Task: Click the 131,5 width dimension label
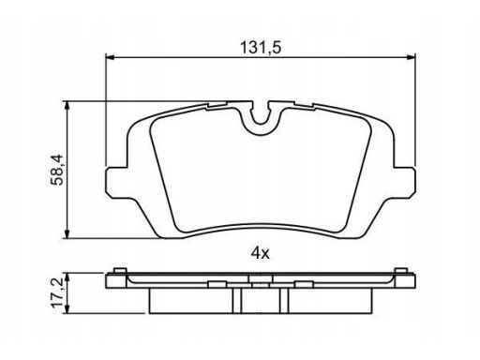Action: pyautogui.click(x=261, y=48)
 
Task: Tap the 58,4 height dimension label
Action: pyautogui.click(x=57, y=170)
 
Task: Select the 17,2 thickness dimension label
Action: pyautogui.click(x=57, y=292)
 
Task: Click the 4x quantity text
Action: pyautogui.click(x=260, y=253)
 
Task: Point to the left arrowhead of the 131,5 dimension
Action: pyautogui.click(x=111, y=57)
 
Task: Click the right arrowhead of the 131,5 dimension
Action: pyautogui.click(x=411, y=57)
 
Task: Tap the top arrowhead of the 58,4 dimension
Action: pyautogui.click(x=67, y=106)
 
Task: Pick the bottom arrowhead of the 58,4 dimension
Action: pyautogui.click(x=67, y=233)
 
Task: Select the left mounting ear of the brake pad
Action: pyautogui.click(x=117, y=183)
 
